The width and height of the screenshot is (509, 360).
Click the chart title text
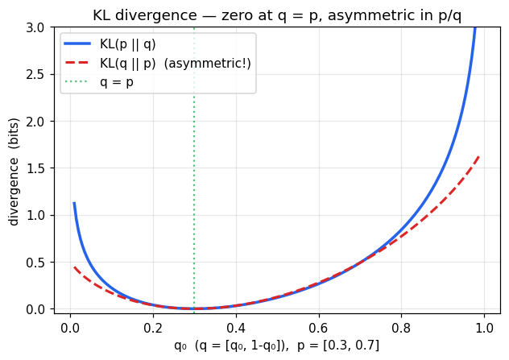pos(277,15)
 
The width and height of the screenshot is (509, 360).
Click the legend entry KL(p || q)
pos(134,44)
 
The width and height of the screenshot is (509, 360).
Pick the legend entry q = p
pos(117,81)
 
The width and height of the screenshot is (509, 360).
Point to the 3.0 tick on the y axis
pos(39,27)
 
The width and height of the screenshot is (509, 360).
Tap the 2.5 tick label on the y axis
pos(39,74)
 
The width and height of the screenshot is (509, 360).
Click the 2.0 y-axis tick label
pos(39,122)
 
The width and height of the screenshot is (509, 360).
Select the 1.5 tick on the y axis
pos(39,168)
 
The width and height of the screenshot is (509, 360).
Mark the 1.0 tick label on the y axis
pos(39,215)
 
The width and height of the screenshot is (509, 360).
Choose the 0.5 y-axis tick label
pos(39,262)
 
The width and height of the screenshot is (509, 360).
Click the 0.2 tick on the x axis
pos(153,328)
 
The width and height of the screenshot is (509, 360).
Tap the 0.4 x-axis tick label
pos(236,328)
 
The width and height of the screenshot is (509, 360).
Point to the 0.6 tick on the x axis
pos(319,328)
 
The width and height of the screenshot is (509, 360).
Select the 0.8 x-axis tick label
pos(402,328)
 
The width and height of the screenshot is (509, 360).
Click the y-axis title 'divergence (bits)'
pos(14,171)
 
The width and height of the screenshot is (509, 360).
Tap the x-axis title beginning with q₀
pos(276,346)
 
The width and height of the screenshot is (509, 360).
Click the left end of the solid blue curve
pos(74,204)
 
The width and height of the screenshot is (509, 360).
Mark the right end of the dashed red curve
pos(480,156)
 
